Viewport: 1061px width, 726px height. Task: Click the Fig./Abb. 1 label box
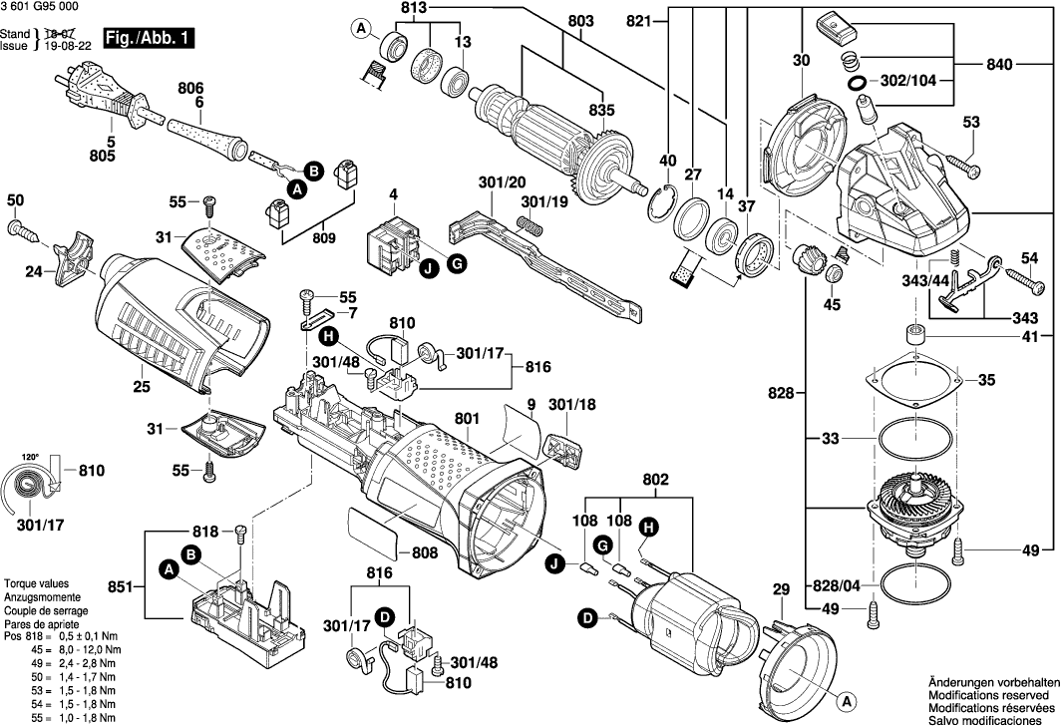152,39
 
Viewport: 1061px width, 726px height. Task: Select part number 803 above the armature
580,22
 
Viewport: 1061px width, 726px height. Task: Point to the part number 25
141,387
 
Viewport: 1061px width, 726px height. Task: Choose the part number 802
655,480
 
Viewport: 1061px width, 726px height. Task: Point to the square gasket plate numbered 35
914,379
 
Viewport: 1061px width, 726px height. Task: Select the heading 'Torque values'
36,582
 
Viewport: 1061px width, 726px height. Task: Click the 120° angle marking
31,457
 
